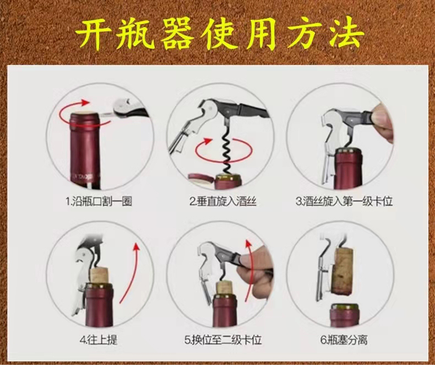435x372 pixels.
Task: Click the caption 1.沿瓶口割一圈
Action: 99,201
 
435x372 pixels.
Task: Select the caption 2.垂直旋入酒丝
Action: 223,201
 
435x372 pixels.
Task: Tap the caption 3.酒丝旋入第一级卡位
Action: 344,201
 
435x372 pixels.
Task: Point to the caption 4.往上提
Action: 99,339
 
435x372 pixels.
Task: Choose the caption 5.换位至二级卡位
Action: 223,339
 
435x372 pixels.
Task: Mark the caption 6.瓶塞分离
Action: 344,339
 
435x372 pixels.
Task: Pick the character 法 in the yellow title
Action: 346,35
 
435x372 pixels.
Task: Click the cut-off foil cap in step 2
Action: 200,179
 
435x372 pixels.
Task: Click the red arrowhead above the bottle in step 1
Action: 85,103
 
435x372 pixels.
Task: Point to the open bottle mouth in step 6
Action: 345,306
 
